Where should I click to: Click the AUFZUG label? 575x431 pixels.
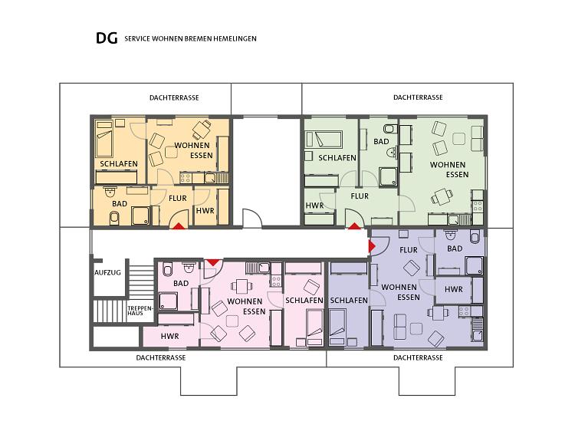click(x=107, y=272)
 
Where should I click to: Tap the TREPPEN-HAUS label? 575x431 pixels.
click(x=140, y=311)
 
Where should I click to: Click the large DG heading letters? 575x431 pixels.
click(x=107, y=38)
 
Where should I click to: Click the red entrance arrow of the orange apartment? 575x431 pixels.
click(x=179, y=226)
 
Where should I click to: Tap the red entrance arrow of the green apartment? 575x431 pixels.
click(x=354, y=226)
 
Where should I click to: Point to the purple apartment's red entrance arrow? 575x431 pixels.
click(x=372, y=246)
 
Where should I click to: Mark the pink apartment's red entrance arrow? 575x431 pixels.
click(x=213, y=262)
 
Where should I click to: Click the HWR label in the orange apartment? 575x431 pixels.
click(x=205, y=211)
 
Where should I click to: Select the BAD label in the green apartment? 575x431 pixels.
click(x=381, y=141)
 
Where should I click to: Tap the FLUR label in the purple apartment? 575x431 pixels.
click(x=409, y=250)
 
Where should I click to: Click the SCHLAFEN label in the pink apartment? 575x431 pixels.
click(x=304, y=301)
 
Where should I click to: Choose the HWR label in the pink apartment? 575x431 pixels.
click(x=169, y=336)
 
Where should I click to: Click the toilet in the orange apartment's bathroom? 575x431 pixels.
click(x=114, y=219)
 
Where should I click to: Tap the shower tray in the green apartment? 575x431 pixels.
click(x=389, y=177)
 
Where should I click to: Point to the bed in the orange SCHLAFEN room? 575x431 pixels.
click(x=104, y=138)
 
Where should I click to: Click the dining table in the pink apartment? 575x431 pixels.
click(x=242, y=287)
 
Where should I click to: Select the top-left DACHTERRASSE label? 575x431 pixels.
click(x=174, y=97)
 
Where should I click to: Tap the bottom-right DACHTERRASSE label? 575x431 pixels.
click(x=418, y=357)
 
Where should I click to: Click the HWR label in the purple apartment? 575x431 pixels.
click(x=454, y=289)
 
